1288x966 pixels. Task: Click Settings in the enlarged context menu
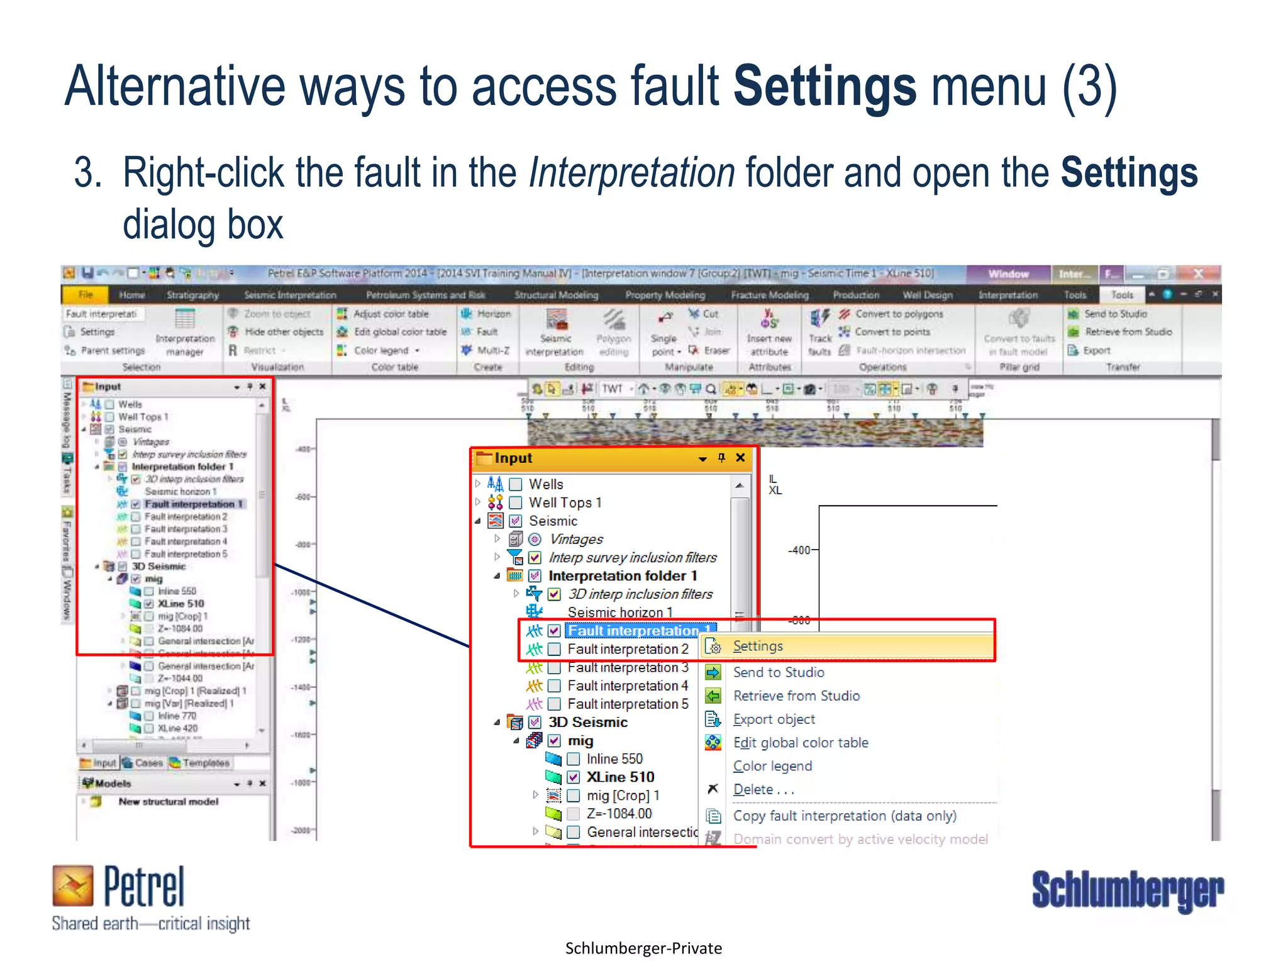pyautogui.click(x=758, y=647)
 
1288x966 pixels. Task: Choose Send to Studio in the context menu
pyautogui.click(x=778, y=672)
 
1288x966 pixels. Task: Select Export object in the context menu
pyautogui.click(x=774, y=719)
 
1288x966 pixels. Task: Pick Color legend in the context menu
pyautogui.click(x=772, y=766)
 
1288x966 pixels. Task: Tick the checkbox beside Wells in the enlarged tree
pyautogui.click(x=516, y=484)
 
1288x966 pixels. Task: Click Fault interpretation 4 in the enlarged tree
pyautogui.click(x=628, y=686)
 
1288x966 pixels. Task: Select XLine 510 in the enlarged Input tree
pyautogui.click(x=620, y=777)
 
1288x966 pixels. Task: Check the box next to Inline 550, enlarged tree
pyautogui.click(x=574, y=759)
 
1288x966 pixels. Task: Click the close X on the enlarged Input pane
pyautogui.click(x=740, y=458)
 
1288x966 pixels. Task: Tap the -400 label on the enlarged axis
pyautogui.click(x=799, y=550)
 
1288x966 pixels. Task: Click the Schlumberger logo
pyautogui.click(x=1127, y=890)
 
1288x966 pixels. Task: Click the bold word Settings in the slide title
pyautogui.click(x=824, y=87)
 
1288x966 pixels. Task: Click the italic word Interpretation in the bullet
pyautogui.click(x=631, y=173)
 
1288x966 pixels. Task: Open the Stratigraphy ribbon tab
pyautogui.click(x=192, y=295)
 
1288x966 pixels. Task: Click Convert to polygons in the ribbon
pyautogui.click(x=899, y=314)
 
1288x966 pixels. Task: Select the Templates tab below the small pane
pyautogui.click(x=206, y=763)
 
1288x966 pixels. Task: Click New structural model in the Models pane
pyautogui.click(x=168, y=802)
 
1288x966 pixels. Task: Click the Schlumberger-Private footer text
pyautogui.click(x=643, y=948)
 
